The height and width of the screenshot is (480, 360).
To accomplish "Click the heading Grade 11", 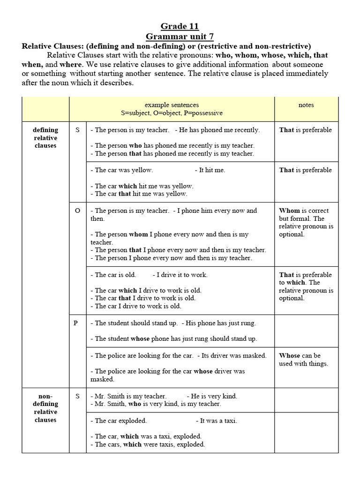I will pos(180,26).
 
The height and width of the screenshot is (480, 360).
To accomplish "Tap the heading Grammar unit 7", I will pos(180,36).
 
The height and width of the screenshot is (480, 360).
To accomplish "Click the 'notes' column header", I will pos(306,105).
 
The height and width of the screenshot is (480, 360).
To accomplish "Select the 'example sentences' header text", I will pos(172,105).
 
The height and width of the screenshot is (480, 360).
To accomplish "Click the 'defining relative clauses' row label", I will pos(45,138).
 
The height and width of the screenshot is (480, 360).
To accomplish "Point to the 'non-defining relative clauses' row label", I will pos(45,408).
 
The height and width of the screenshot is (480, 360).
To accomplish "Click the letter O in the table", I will pos(77,211).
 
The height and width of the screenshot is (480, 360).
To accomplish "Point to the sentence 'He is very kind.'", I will pos(212,396).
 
